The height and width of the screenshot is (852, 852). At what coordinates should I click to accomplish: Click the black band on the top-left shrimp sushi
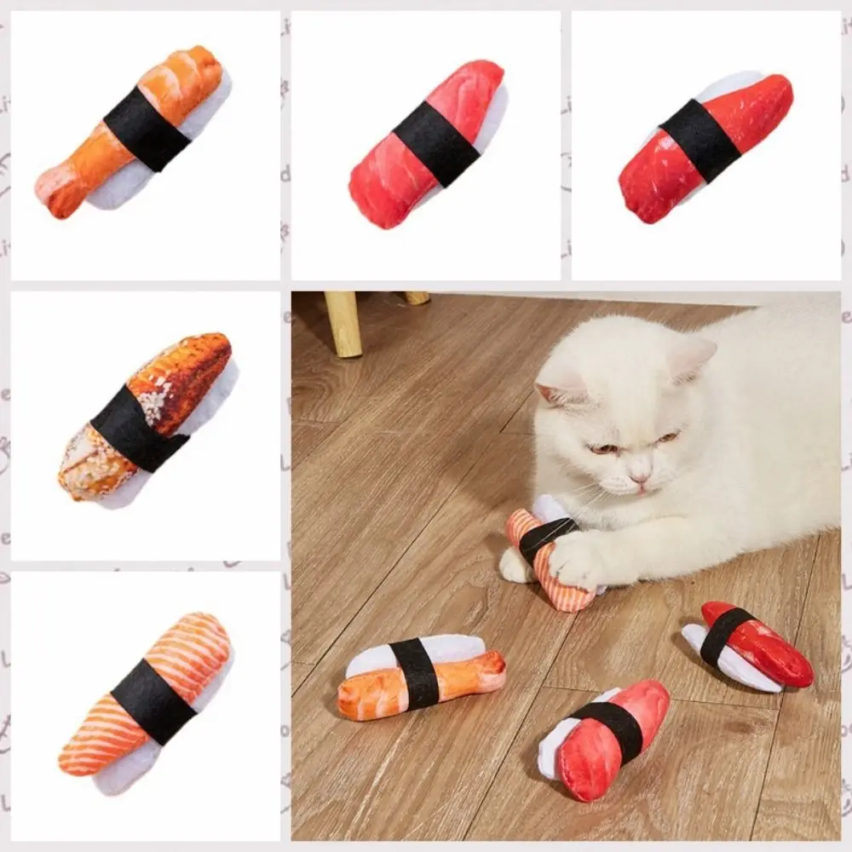pyautogui.click(x=147, y=128)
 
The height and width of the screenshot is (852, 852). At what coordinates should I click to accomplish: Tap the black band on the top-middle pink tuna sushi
pyautogui.click(x=436, y=143)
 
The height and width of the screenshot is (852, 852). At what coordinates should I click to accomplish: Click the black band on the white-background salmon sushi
pyautogui.click(x=153, y=700)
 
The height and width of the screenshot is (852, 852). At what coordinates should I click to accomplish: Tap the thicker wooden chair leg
pyautogui.click(x=343, y=324)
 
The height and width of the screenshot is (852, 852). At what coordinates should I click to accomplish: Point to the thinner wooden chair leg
pyautogui.click(x=417, y=297)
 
